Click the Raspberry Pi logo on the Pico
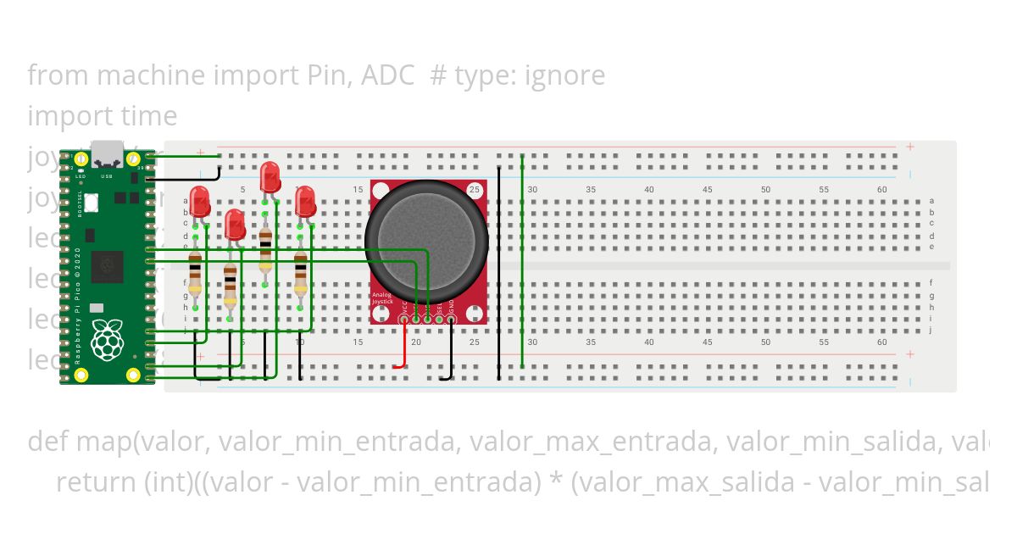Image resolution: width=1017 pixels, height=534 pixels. pyautogui.click(x=107, y=339)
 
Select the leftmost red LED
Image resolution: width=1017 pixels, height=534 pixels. pyautogui.click(x=200, y=202)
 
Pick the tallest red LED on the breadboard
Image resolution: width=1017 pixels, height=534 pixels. pyautogui.click(x=270, y=176)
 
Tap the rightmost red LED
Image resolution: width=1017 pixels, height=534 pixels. pyautogui.click(x=305, y=202)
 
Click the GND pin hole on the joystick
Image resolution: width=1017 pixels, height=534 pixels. pyautogui.click(x=451, y=320)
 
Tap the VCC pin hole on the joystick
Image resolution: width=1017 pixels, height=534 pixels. pyautogui.click(x=403, y=320)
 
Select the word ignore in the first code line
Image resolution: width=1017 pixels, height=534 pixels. pyautogui.click(x=564, y=75)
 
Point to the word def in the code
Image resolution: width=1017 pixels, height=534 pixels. pyautogui.click(x=48, y=442)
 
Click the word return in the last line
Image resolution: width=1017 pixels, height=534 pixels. pyautogui.click(x=95, y=482)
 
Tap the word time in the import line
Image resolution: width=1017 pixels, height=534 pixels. pyautogui.click(x=153, y=116)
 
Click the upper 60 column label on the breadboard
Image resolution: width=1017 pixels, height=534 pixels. pyautogui.click(x=882, y=189)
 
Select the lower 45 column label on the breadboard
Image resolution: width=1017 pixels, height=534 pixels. pyautogui.click(x=707, y=342)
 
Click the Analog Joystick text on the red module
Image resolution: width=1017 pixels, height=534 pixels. pyautogui.click(x=382, y=298)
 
